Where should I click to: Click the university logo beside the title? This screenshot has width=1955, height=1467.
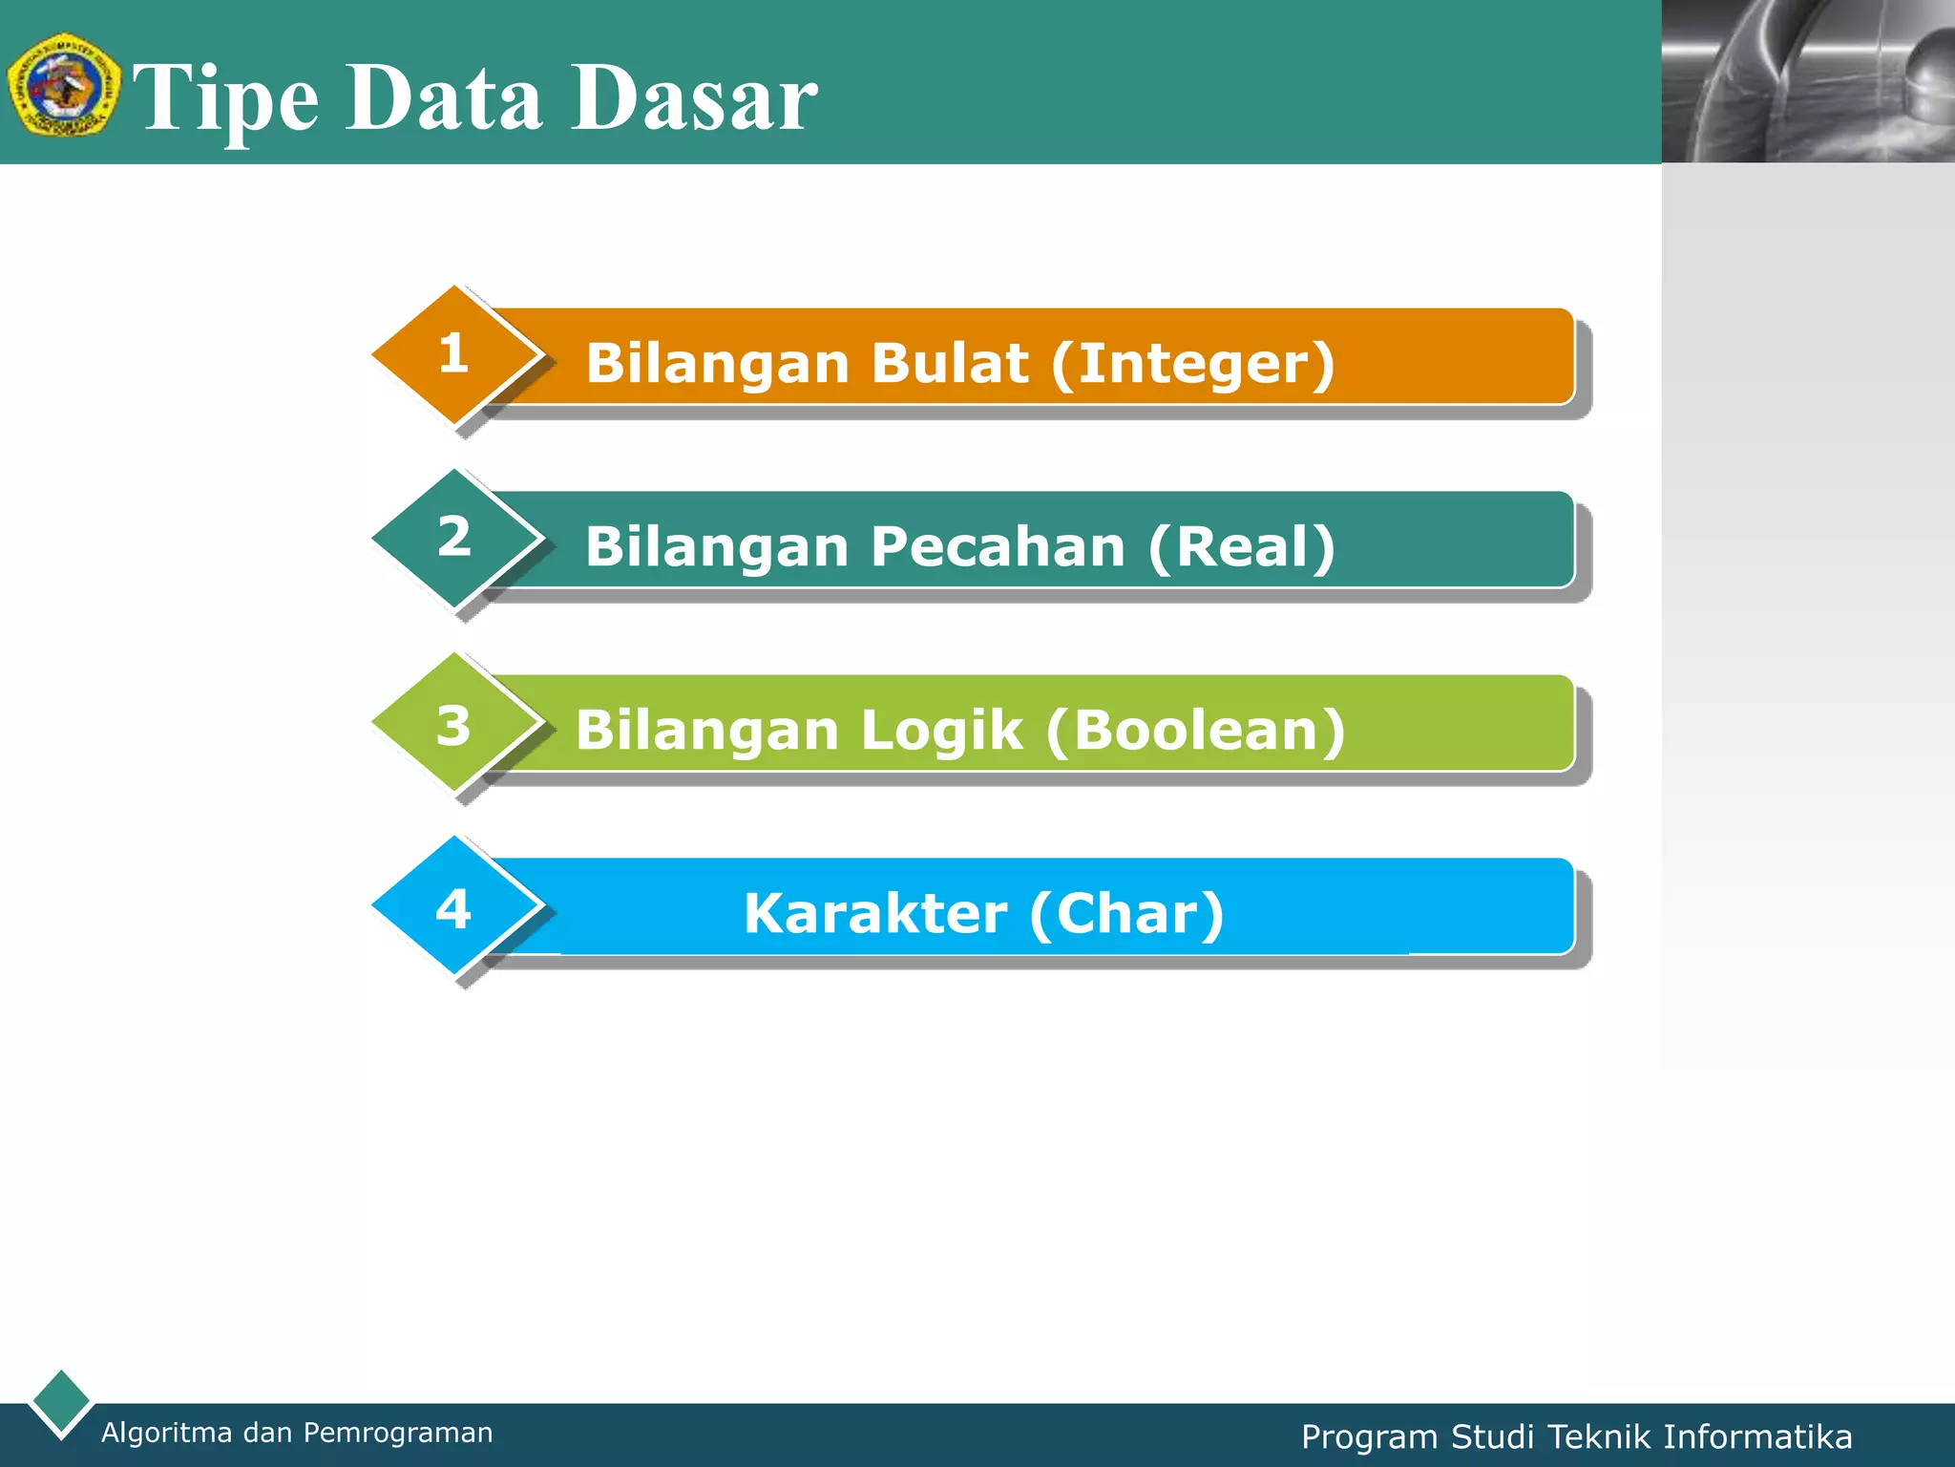(x=63, y=85)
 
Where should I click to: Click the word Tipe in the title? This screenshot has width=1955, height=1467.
(x=226, y=97)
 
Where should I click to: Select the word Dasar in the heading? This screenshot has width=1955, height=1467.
(x=694, y=97)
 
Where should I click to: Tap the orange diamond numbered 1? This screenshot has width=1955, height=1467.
(x=453, y=354)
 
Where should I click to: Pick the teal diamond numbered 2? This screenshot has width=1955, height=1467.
(x=453, y=538)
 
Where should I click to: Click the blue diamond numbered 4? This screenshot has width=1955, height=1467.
(x=453, y=908)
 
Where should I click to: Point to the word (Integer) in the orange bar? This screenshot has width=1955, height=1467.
(x=1192, y=364)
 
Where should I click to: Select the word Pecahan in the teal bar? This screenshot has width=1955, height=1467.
(x=998, y=547)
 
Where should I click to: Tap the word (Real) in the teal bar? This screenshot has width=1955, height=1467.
(x=1241, y=547)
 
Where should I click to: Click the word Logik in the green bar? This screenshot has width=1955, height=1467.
(x=942, y=731)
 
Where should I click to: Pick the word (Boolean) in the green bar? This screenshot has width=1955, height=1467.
(x=1195, y=731)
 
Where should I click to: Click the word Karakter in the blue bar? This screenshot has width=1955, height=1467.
(x=875, y=913)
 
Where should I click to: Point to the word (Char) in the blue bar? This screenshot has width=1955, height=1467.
(x=1126, y=913)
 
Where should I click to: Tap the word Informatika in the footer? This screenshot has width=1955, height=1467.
(x=1757, y=1437)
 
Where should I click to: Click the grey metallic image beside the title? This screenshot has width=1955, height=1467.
(x=1808, y=81)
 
